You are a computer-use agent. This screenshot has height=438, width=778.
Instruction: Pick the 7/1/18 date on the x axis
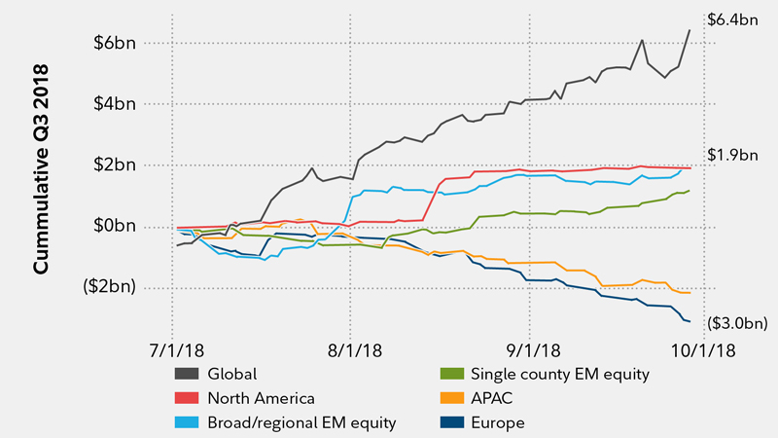(x=174, y=347)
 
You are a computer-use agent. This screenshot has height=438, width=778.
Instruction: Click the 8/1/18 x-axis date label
(x=352, y=347)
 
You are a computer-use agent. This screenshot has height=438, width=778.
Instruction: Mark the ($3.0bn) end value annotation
(x=736, y=322)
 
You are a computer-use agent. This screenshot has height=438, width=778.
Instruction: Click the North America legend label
(x=261, y=398)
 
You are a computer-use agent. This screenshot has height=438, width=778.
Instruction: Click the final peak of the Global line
(x=690, y=30)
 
